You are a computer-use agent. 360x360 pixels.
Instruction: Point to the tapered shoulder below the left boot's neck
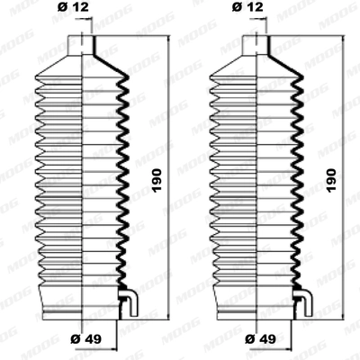[x=83, y=63]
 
